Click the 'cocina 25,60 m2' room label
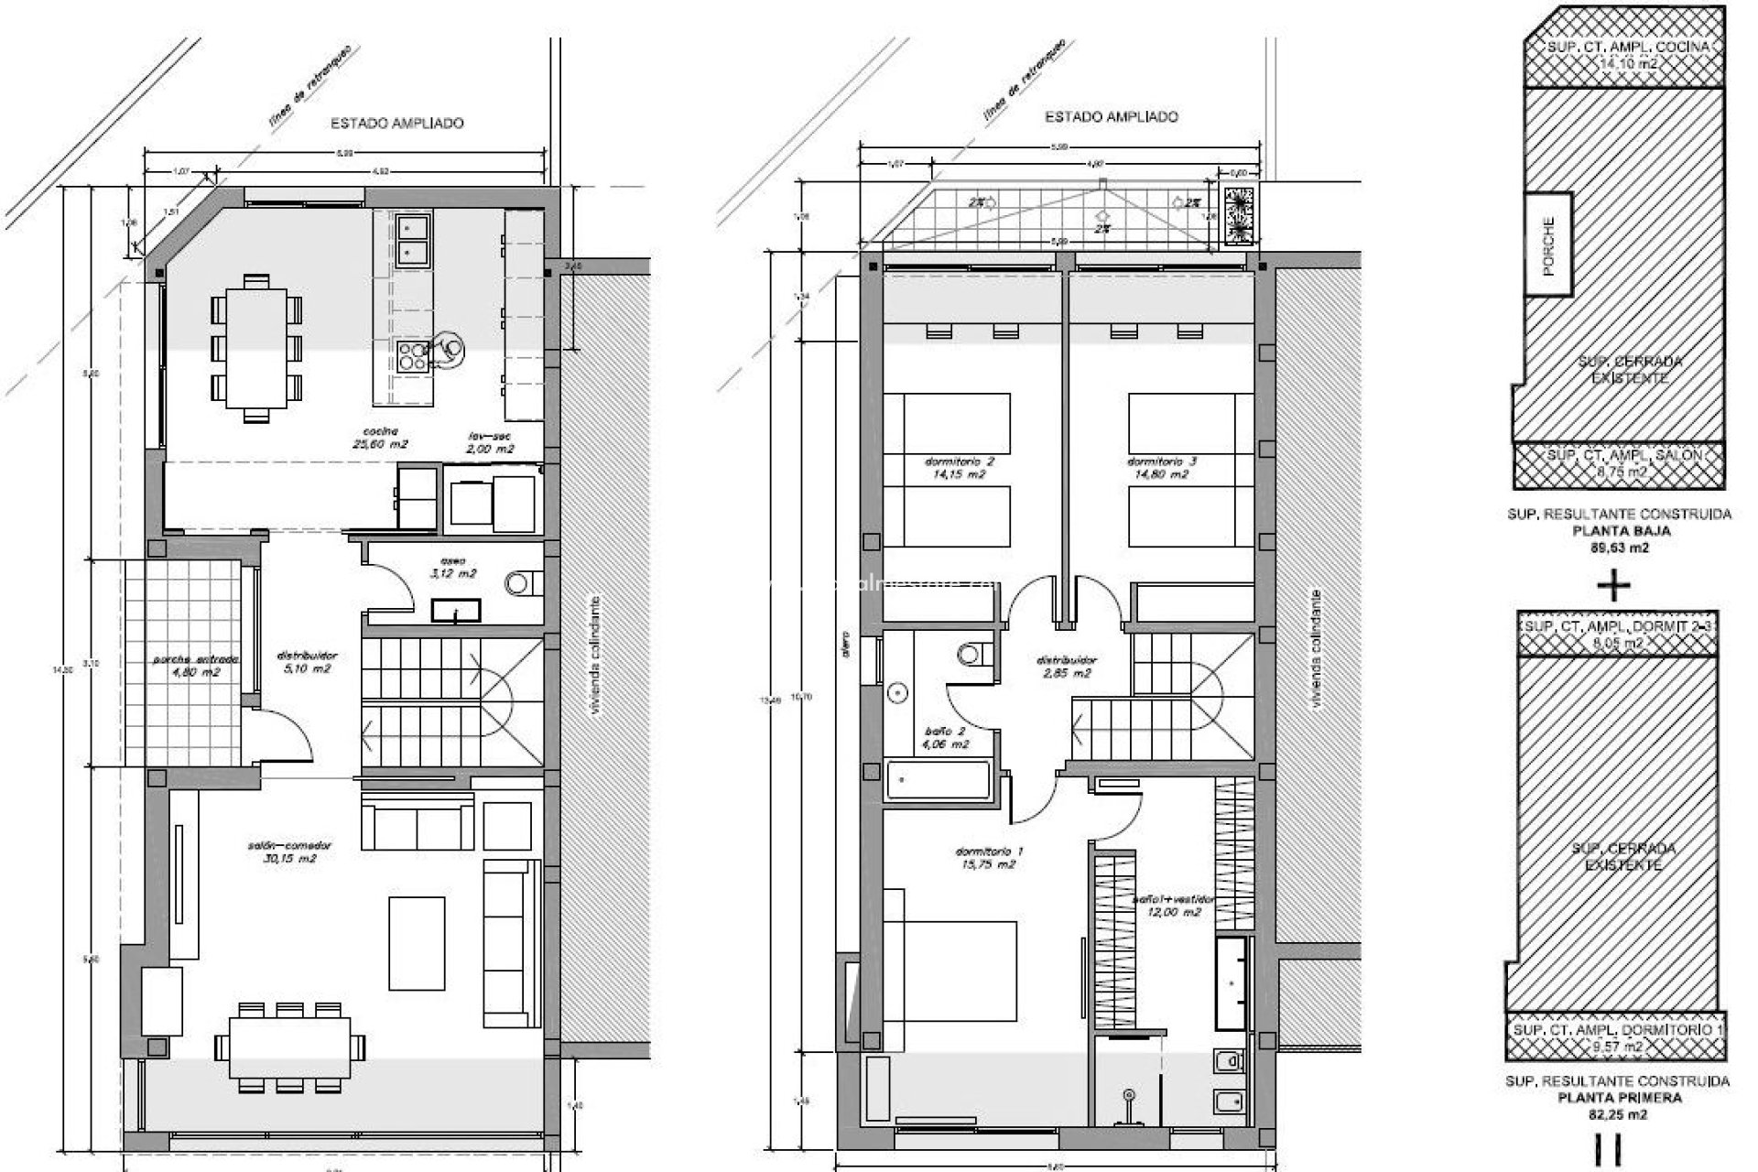coord(385,438)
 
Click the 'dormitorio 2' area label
coord(958,468)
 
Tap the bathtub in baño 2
coord(937,780)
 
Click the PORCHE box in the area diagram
coord(1548,244)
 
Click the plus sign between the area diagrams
coord(1614,583)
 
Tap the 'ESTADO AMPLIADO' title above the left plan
coord(396,123)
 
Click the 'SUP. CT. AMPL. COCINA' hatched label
coord(1615,55)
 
